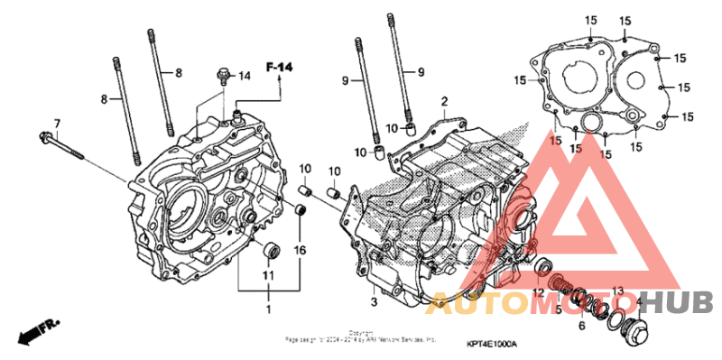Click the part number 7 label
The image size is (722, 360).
click(56, 123)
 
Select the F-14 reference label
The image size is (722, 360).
click(279, 67)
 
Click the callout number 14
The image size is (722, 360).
click(244, 77)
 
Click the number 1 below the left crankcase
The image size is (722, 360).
click(267, 309)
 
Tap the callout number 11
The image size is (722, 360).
click(268, 274)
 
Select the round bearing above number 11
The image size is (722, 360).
click(269, 250)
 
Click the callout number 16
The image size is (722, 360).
click(301, 249)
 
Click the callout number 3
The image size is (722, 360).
click(373, 300)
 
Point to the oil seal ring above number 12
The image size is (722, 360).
click(545, 267)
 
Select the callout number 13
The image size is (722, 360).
click(617, 290)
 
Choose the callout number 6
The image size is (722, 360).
click(581, 325)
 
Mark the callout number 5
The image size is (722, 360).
click(558, 309)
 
